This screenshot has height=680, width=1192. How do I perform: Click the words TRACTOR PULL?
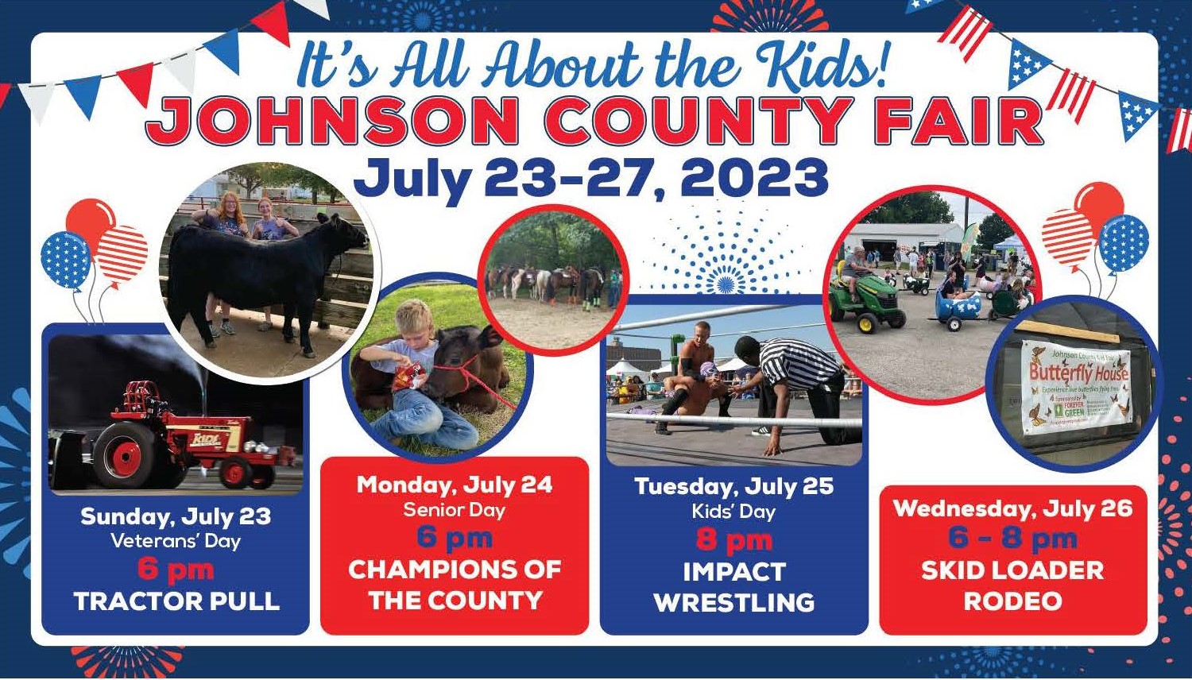point(176,601)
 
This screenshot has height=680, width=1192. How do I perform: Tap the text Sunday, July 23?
point(176,516)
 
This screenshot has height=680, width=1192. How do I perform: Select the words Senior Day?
point(454,510)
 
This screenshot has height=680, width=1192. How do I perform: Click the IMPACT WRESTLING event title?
point(733,587)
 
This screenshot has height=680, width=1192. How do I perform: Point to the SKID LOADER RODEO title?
point(1012,585)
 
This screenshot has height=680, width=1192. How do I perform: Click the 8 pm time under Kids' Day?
point(733,540)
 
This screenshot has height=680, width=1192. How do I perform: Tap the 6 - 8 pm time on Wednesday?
point(1012,539)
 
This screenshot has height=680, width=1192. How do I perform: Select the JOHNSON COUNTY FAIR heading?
point(594,121)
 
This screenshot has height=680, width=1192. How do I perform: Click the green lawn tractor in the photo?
point(865,298)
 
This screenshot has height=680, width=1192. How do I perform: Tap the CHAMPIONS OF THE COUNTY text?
point(454,585)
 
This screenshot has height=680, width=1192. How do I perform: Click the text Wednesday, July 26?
point(1012,508)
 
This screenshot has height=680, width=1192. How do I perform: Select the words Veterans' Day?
point(176,542)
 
